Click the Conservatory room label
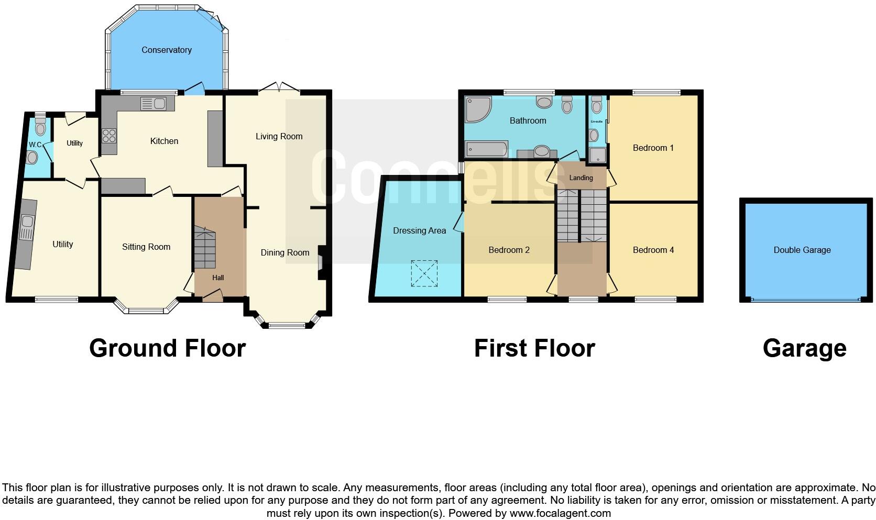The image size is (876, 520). coord(166,50)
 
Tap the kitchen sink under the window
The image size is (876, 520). coord(154,104)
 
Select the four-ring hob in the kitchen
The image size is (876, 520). coord(109,136)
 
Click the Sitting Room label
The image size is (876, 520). coord(146,247)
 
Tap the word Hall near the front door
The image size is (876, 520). coord(218,278)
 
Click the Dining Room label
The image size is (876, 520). coord(285,253)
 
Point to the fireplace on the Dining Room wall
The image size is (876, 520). coord(321,259)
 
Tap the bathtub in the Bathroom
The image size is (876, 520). coord(487,149)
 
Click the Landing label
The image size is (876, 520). coord(581,178)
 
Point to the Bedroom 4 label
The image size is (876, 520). coord(653,250)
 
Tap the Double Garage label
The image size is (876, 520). coord(802,250)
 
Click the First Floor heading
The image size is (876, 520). coord(534,348)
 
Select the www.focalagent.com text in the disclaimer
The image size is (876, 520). coord(560,513)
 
